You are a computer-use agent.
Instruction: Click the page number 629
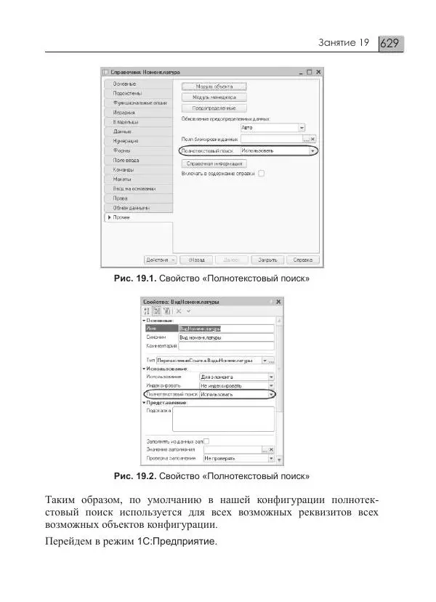coord(391,44)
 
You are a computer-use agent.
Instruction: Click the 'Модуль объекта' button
coord(214,87)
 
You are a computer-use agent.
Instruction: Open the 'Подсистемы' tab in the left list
coord(128,93)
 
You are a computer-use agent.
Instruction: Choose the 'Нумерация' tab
coord(126,140)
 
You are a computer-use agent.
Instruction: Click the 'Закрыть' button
coord(267,259)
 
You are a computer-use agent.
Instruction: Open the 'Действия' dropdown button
coord(159,259)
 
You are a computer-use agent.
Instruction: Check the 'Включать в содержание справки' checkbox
coord(261,174)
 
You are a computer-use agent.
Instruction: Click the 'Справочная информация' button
coord(214,164)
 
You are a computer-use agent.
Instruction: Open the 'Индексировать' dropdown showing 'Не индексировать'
coord(237,385)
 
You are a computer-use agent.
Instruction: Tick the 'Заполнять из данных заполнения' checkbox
coord(206,441)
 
